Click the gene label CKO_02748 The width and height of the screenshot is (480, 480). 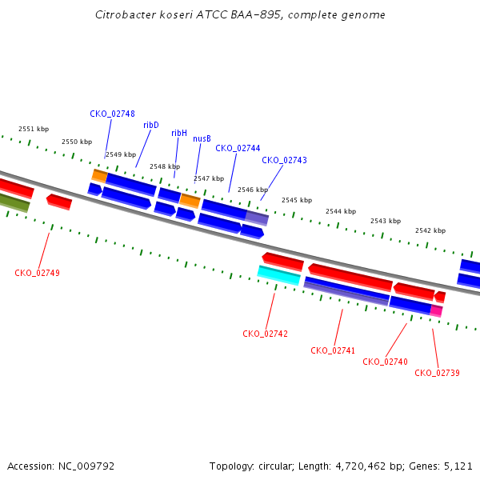coord(112,114)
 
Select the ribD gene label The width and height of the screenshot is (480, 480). coord(151,125)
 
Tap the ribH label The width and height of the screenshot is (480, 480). coord(179,133)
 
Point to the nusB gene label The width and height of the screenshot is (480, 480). coord(202,138)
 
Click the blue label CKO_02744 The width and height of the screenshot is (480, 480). coord(238,148)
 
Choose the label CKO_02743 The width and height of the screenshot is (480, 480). coord(284,160)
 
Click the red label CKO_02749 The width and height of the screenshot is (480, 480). coord(37,273)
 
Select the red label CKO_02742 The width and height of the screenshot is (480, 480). coord(265,334)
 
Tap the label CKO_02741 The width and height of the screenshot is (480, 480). coord(333,350)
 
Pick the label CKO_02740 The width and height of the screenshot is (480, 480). coord(385,362)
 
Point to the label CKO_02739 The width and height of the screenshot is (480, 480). coord(437,373)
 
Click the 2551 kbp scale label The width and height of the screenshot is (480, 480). coord(34,129)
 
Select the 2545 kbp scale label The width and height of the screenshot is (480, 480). coord(297,200)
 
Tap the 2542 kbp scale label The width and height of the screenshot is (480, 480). coord(430,230)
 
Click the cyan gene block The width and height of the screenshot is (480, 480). coord(279,275)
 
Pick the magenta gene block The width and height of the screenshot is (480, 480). coord(436,310)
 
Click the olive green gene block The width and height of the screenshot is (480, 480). coord(14,202)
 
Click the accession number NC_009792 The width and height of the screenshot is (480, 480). coord(86,466)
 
